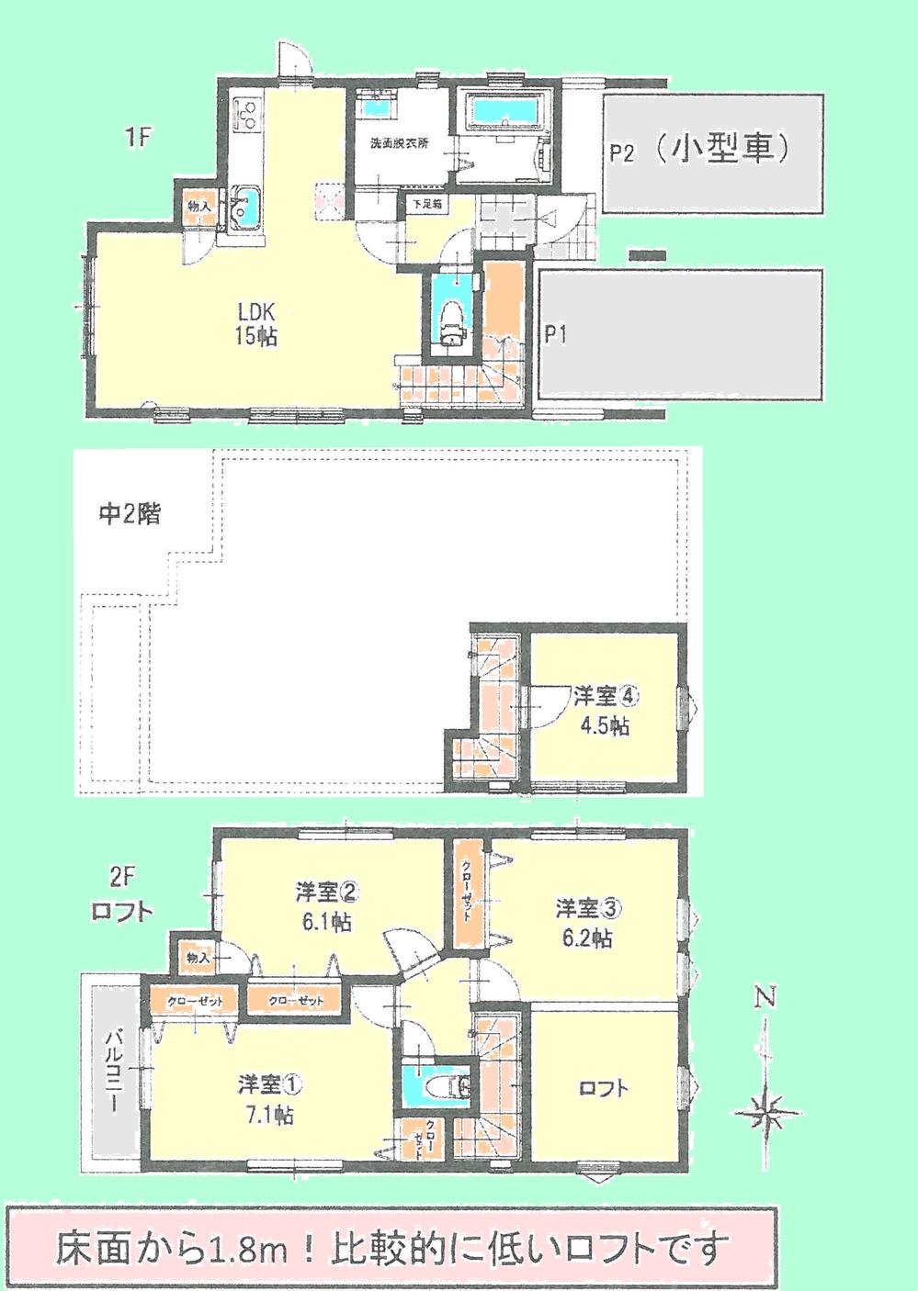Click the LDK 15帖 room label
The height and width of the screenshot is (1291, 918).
coord(255,323)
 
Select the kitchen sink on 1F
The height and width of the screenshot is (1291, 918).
coord(245,207)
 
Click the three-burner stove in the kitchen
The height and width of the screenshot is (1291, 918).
coord(247,115)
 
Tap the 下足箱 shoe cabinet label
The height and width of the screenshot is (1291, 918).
coord(426,204)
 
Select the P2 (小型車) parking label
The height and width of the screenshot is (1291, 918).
coord(699,150)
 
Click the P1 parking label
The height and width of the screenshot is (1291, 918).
coord(555,335)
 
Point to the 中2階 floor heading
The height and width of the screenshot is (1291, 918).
coord(130,514)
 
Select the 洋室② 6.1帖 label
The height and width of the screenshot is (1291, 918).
coord(326,905)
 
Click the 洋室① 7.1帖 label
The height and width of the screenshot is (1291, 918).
coord(267,1099)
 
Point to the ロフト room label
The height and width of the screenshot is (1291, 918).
coord(604,1089)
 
